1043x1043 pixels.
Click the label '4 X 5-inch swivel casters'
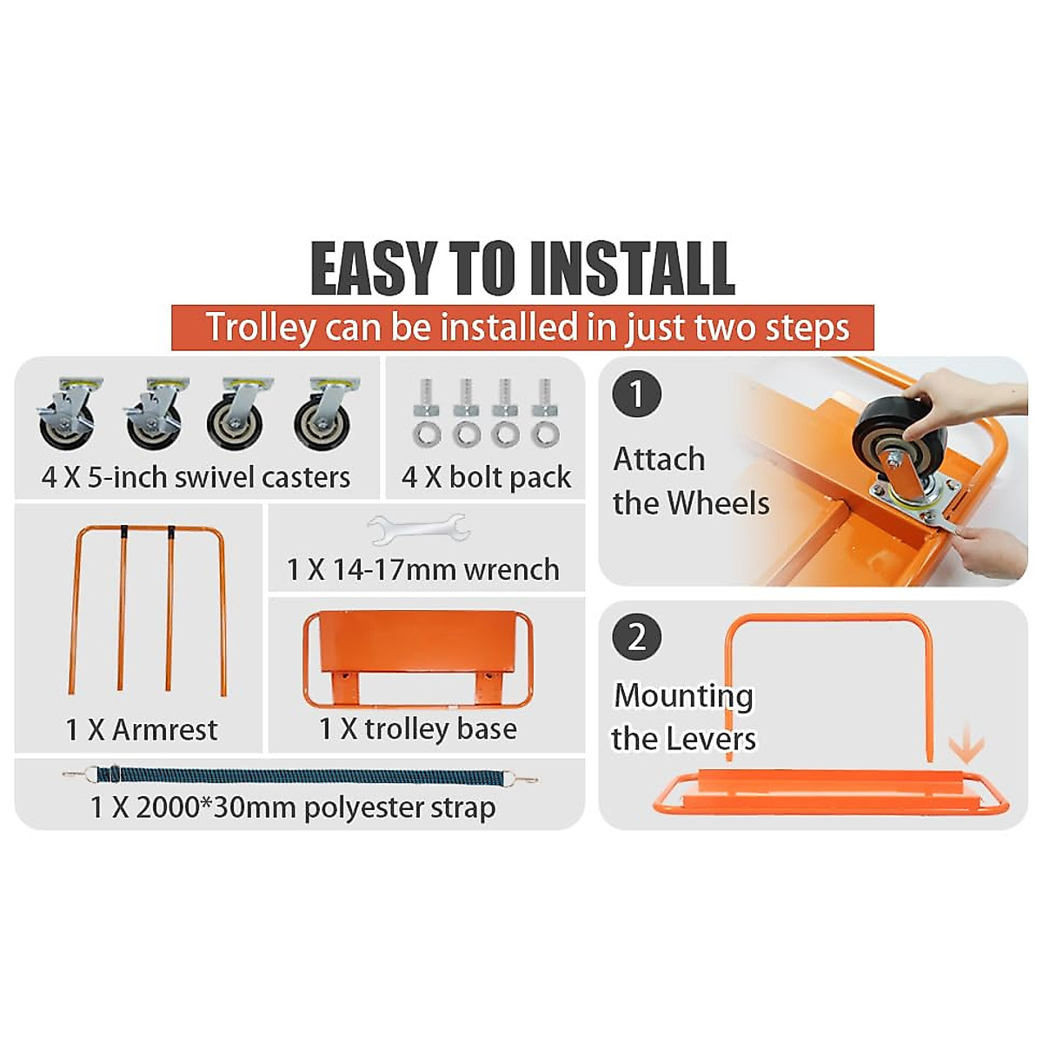click(x=196, y=477)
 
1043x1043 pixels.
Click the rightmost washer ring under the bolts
click(x=545, y=433)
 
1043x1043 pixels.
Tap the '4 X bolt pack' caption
click(x=486, y=477)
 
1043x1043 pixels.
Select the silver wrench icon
click(x=418, y=528)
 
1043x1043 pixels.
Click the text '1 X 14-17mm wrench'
click(x=423, y=569)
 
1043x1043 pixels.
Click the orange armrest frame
click(x=147, y=608)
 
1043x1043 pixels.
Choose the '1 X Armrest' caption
click(x=141, y=729)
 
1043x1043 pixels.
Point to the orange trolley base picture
click(x=418, y=658)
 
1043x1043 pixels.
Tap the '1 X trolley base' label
click(x=418, y=728)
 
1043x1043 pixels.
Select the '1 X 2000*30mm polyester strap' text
click(x=293, y=807)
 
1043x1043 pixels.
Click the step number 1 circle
click(x=637, y=394)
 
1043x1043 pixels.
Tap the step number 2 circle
click(x=637, y=637)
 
